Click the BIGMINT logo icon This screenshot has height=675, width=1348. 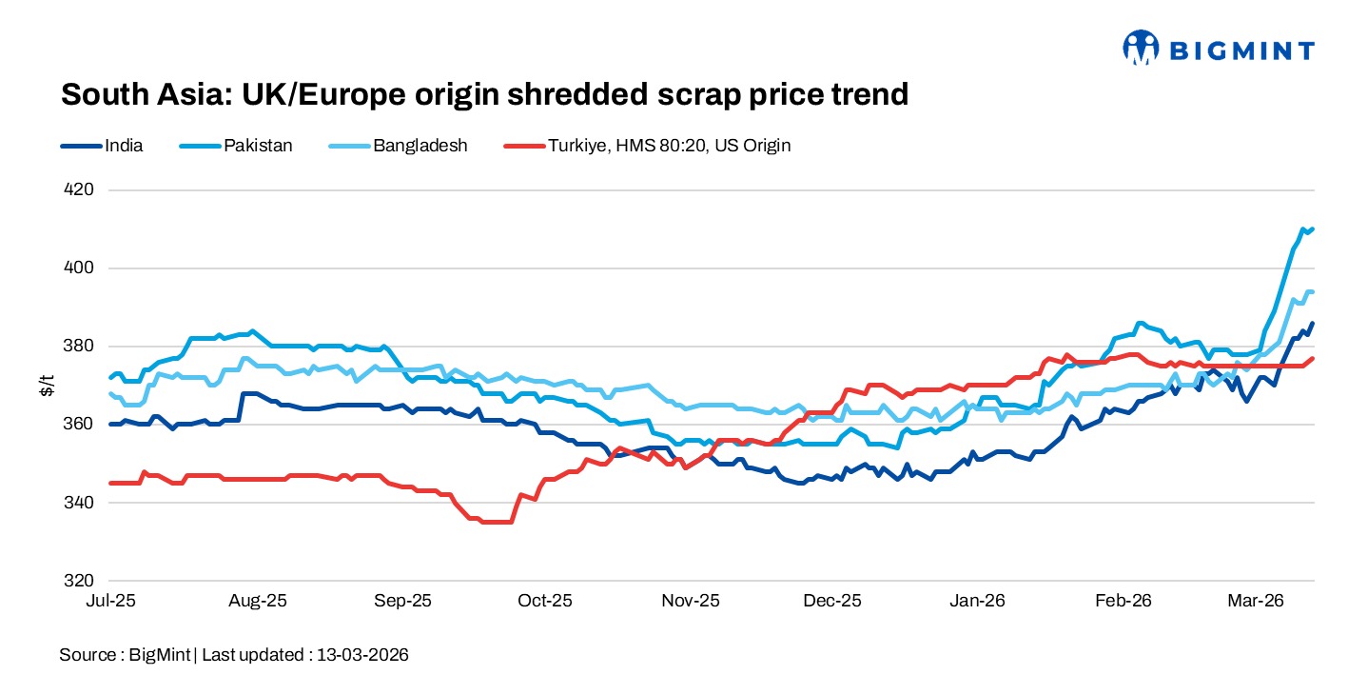(x=1142, y=47)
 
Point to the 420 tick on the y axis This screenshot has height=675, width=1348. (x=80, y=189)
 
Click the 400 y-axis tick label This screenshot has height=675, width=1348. (x=80, y=268)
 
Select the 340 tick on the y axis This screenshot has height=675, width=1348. (x=80, y=502)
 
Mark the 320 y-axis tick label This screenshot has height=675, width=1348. (x=80, y=580)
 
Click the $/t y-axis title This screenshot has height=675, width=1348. (x=46, y=385)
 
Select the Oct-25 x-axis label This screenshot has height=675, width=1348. (x=546, y=601)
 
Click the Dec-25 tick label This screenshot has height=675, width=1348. (x=832, y=601)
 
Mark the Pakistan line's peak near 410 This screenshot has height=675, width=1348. (x=1302, y=228)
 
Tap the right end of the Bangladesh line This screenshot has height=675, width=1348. (x=1312, y=291)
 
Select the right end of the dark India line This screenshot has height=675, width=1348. (x=1313, y=324)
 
